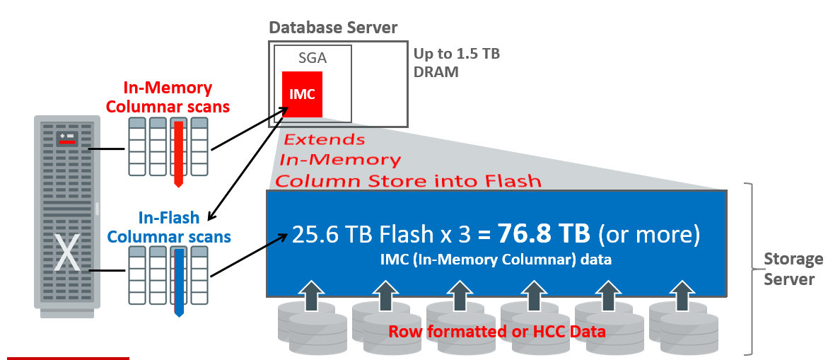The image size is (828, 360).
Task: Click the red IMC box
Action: click(302, 94)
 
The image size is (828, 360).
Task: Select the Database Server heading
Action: click(333, 28)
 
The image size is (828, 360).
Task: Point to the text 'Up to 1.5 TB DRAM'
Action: click(456, 63)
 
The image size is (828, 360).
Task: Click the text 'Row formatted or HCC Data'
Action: click(497, 331)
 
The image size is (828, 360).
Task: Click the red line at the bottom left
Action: click(68, 358)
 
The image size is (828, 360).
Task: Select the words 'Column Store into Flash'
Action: click(408, 181)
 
